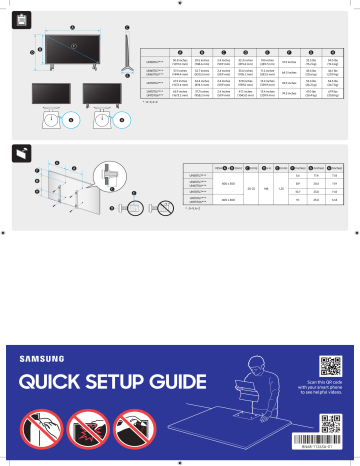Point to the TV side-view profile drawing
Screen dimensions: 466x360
(x=128, y=51)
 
